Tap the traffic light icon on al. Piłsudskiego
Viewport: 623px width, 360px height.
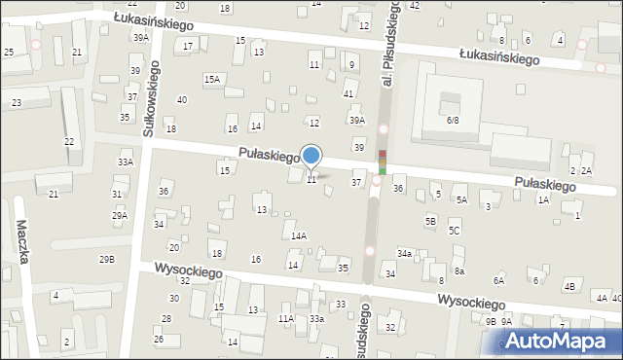tap(383, 162)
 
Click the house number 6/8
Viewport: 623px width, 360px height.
tap(453, 120)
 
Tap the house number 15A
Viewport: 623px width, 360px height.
tap(211, 79)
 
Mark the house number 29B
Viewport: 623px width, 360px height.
tap(107, 259)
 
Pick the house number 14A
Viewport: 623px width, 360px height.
tap(299, 235)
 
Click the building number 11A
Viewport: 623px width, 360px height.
tap(285, 318)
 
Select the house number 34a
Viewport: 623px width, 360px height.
tap(404, 253)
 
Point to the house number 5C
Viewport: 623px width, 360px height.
tap(454, 231)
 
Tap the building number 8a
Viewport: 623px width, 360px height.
tap(458, 270)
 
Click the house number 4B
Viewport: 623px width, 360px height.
tap(568, 286)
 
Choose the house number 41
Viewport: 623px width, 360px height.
tap(348, 93)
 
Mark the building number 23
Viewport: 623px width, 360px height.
tap(17, 102)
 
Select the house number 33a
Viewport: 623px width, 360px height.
tap(316, 318)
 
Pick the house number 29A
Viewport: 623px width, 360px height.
tap(120, 215)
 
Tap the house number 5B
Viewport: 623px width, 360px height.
tap(430, 221)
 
